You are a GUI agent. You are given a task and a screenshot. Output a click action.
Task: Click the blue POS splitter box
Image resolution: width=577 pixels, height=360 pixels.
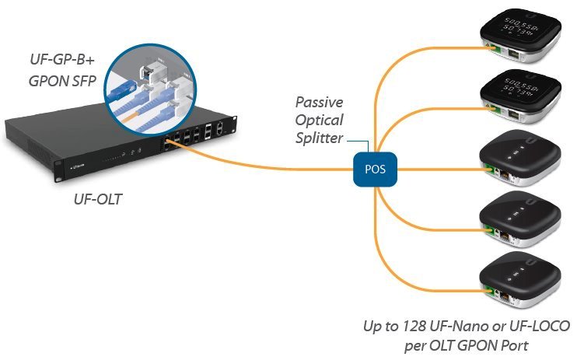[369, 167]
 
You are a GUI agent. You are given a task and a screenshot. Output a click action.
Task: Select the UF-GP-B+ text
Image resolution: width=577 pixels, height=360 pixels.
[54, 59]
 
